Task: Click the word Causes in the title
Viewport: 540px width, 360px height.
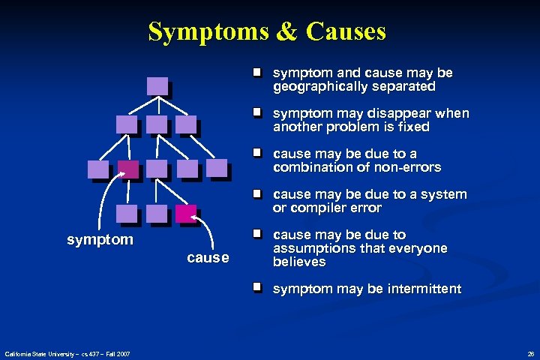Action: [346, 31]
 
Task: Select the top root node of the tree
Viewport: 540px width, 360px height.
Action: [157, 85]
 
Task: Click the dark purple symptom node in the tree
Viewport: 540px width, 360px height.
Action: [128, 169]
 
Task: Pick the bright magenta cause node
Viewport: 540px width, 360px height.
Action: [185, 214]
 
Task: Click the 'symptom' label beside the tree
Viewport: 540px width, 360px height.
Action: [100, 240]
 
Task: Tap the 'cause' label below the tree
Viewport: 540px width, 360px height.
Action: [207, 258]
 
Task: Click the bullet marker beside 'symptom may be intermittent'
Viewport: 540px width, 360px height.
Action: [256, 287]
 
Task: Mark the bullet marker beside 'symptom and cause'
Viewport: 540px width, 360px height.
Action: [256, 73]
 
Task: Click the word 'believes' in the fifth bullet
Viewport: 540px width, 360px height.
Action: [298, 262]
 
